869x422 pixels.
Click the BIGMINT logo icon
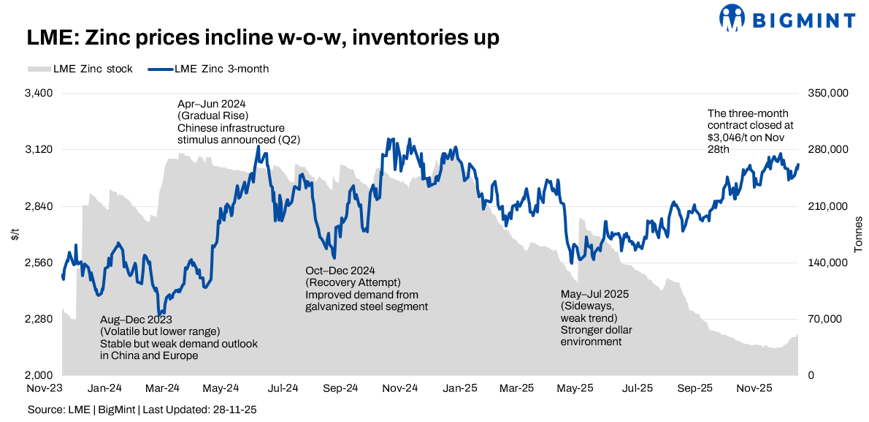pyautogui.click(x=733, y=18)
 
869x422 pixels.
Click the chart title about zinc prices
pyautogui.click(x=263, y=38)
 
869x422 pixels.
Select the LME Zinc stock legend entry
pyautogui.click(x=80, y=69)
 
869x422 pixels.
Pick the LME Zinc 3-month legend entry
pyautogui.click(x=208, y=69)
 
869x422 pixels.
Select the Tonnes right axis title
pyautogui.click(x=859, y=235)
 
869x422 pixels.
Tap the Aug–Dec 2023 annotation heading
pyautogui.click(x=136, y=320)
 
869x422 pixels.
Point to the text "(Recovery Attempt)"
pyautogui.click(x=353, y=283)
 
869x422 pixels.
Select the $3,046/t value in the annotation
pyautogui.click(x=730, y=137)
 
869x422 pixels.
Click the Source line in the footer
pyautogui.click(x=142, y=410)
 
